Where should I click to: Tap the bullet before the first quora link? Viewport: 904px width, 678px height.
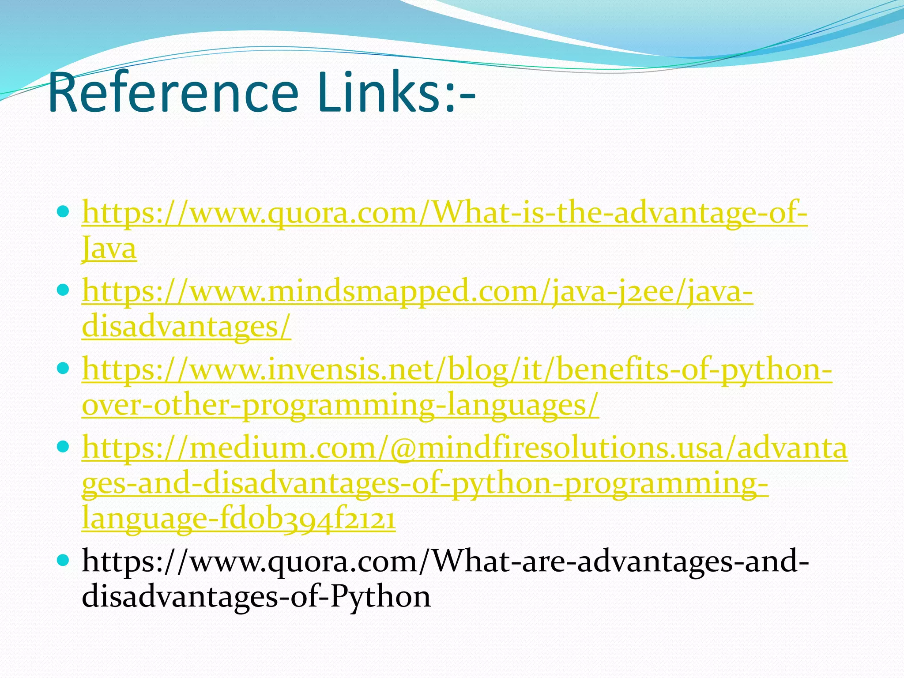(64, 212)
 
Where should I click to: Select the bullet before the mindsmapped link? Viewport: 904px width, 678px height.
(64, 290)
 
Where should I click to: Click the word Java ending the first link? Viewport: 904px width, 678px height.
(109, 248)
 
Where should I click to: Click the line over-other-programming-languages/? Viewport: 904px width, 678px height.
(340, 405)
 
